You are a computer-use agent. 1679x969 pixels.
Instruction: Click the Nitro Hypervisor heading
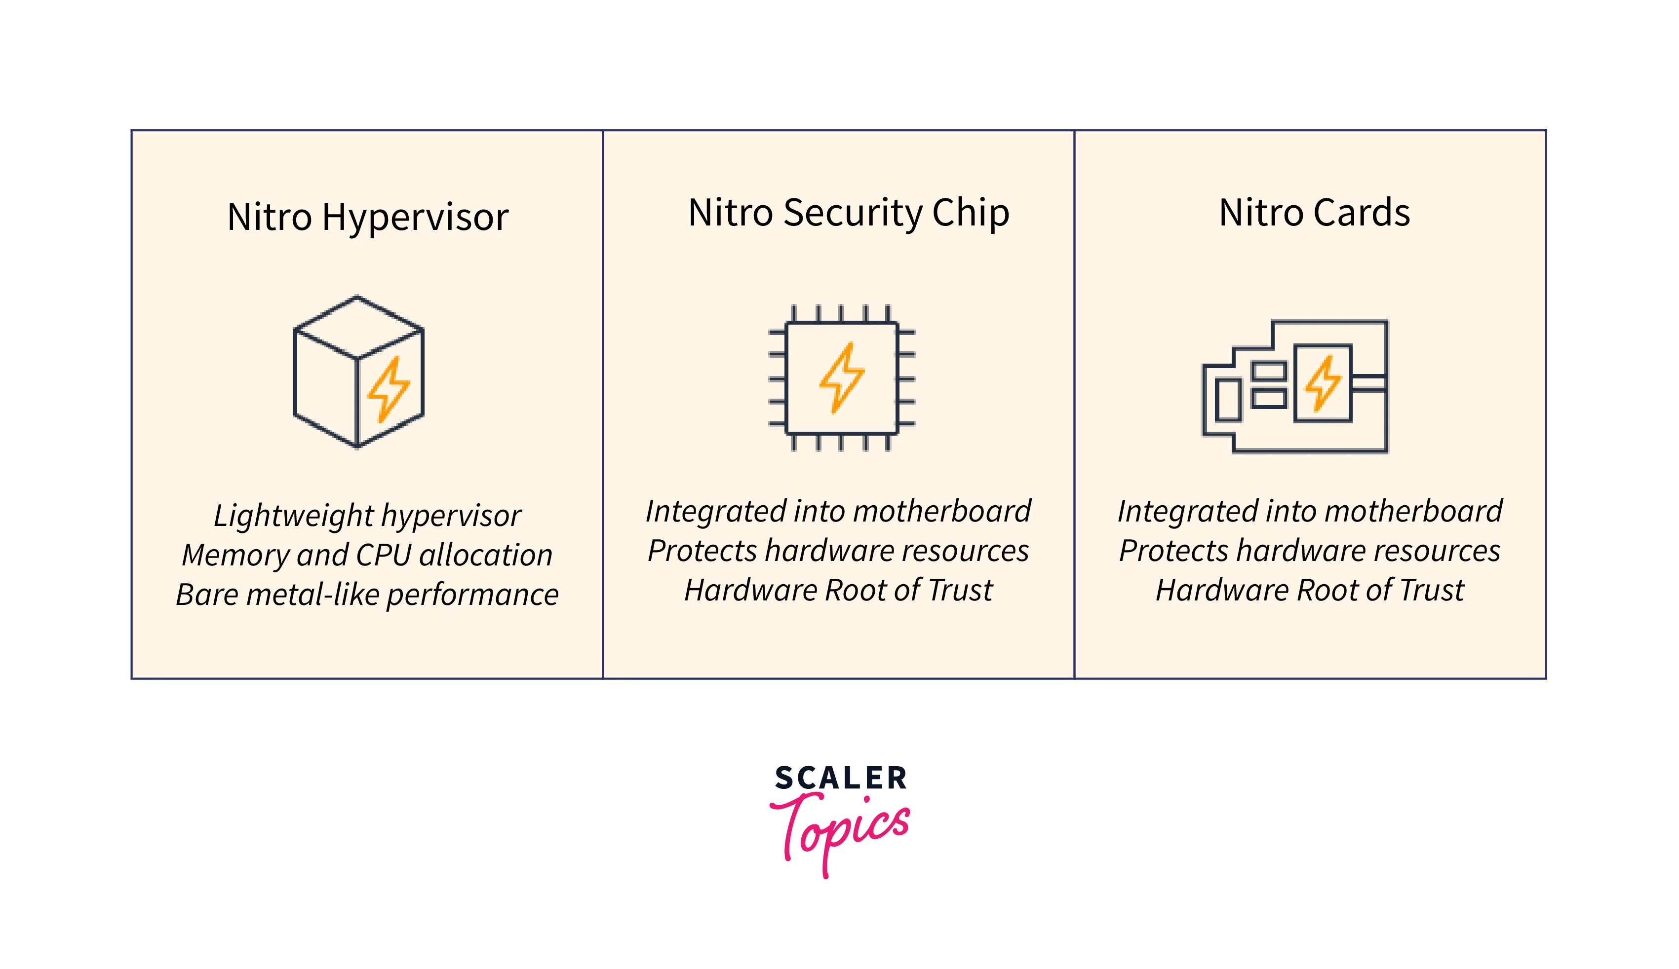[x=367, y=217]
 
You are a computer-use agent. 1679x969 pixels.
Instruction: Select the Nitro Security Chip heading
[x=848, y=213]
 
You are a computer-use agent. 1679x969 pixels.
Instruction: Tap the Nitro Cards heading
[x=1314, y=213]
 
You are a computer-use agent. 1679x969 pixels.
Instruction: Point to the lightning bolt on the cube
[x=388, y=389]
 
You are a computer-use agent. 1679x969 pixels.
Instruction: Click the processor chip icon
[x=842, y=377]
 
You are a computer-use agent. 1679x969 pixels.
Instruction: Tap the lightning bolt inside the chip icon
[x=842, y=377]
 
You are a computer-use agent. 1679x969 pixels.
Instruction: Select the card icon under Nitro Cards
[x=1294, y=386]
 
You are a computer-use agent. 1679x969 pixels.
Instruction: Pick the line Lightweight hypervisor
[x=367, y=516]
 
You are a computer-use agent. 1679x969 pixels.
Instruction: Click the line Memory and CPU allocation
[x=367, y=555]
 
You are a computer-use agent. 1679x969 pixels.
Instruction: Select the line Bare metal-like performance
[x=367, y=595]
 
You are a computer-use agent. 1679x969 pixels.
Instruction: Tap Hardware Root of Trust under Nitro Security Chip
[x=838, y=590]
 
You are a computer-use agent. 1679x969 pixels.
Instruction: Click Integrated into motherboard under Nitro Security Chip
[x=838, y=511]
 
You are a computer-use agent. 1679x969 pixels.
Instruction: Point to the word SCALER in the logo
[x=840, y=778]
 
